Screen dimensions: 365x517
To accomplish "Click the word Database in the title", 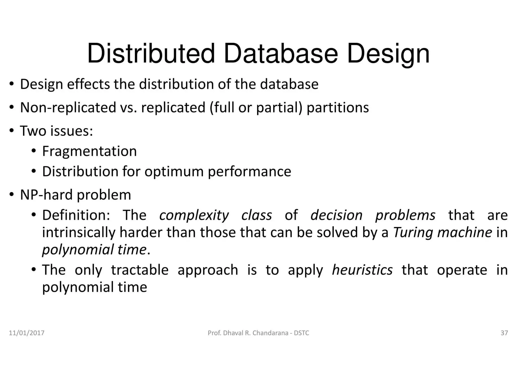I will coord(280,54).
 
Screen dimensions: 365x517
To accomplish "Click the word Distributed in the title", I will coord(151,54).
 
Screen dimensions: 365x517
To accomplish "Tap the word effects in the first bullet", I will coord(88,84).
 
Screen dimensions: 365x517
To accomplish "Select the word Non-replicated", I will coord(68,108).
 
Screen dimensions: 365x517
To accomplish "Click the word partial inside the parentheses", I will coord(279,108).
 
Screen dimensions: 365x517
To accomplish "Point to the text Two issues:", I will coord(57,131).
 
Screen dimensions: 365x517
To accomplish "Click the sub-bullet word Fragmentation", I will coord(89,151).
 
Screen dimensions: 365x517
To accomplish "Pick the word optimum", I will coord(174,172).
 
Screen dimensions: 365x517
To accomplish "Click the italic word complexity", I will coord(194,216).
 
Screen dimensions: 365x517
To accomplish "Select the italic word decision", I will coord(336,216).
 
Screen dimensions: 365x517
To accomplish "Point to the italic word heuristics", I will coord(362,270).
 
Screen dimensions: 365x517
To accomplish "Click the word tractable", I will coord(140,270).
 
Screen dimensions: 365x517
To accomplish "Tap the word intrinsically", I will coord(79,232).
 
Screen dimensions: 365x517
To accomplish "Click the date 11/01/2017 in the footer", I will coord(27,333).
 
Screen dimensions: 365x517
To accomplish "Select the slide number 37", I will coord(504,333).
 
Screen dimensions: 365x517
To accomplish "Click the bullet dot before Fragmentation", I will coord(34,151).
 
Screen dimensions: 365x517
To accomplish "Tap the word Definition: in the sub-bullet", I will coord(76,216).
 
